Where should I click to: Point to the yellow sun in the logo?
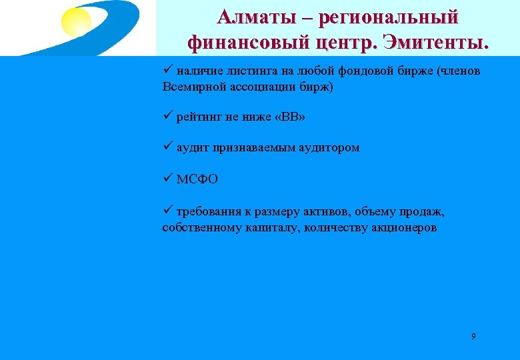point(76,23)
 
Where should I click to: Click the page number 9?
point(473,336)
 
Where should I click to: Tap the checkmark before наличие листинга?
point(167,71)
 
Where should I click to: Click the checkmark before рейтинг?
point(167,117)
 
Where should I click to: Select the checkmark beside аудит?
point(167,147)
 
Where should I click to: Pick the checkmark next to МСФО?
point(167,179)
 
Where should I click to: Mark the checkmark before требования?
point(167,211)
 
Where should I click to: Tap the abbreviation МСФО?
point(197,179)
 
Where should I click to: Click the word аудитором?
point(329,148)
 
